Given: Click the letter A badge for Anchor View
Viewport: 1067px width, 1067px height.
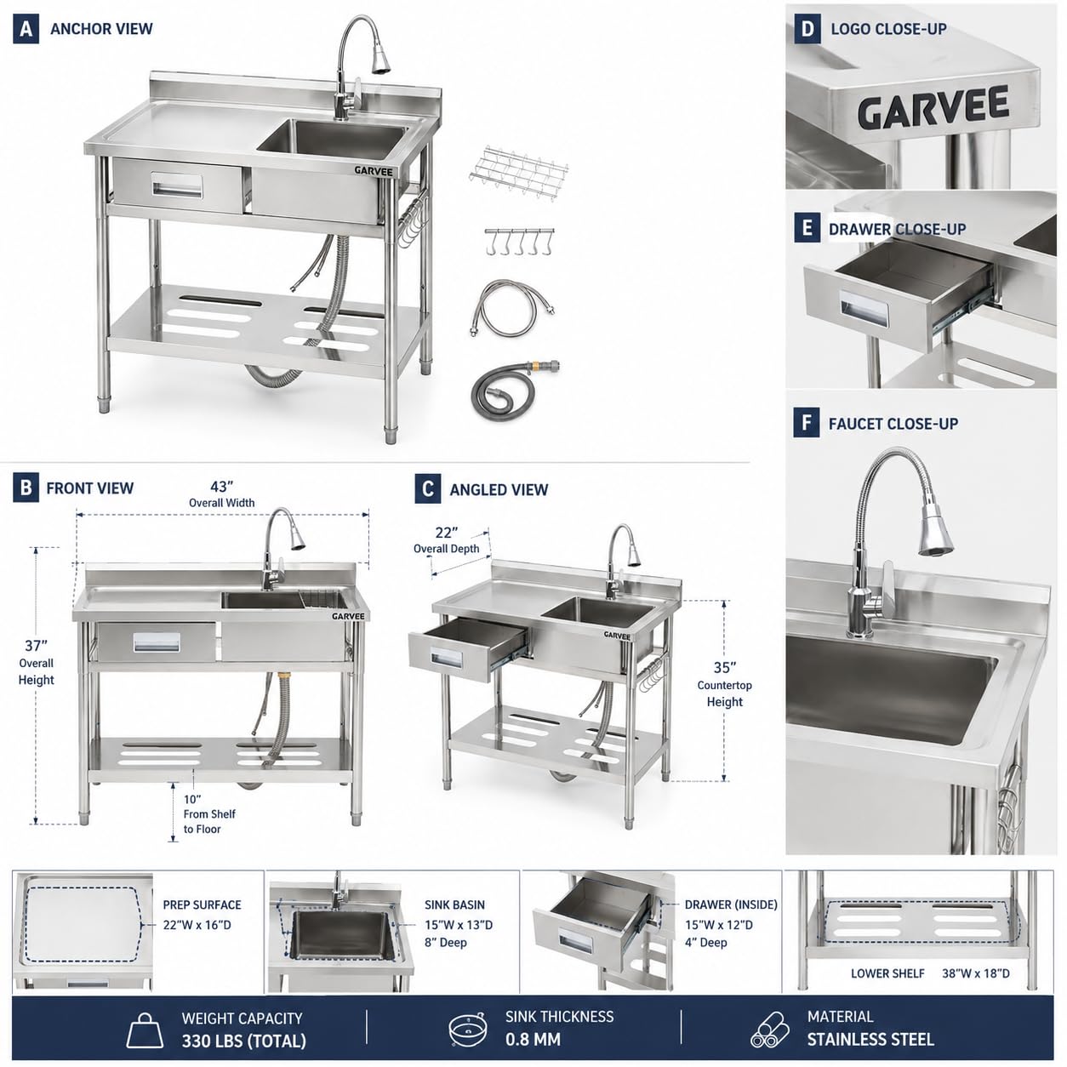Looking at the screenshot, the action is (26, 29).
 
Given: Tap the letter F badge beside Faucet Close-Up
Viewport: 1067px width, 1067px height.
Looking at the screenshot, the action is (806, 424).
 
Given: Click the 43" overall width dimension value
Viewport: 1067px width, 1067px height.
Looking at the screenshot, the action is (221, 487).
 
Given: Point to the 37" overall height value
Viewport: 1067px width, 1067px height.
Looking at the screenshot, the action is (36, 646).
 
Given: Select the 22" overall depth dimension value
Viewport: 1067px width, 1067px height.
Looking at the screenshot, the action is (447, 533).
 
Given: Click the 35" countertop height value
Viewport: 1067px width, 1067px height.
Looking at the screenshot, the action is (725, 668).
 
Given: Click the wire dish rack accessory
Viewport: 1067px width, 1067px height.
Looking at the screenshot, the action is (517, 164).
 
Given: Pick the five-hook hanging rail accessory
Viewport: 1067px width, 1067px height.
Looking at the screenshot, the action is (519, 242).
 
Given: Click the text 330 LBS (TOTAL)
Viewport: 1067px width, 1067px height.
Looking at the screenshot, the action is (243, 1041).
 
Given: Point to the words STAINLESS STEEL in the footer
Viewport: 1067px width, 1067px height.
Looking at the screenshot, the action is (870, 1039).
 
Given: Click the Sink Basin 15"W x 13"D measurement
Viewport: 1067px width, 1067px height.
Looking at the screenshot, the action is (459, 925).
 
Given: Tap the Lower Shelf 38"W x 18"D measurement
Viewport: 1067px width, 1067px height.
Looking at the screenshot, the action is (976, 973).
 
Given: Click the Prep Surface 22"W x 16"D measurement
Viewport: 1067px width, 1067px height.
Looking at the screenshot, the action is (197, 925).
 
